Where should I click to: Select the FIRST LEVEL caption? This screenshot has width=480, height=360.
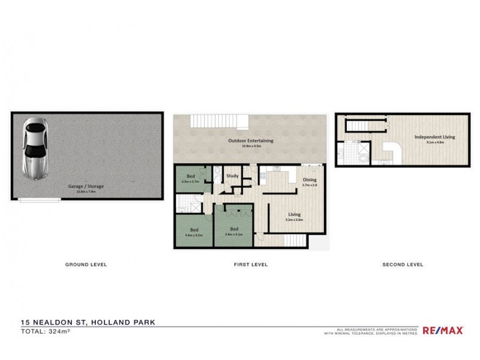coord(251,264)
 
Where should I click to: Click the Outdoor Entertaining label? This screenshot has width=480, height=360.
coord(250,140)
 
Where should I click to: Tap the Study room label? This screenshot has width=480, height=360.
coord(232,176)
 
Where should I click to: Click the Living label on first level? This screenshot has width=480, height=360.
coord(294,214)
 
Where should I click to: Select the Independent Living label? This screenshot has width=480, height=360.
coord(434,137)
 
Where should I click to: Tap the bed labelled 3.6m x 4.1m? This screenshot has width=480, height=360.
coord(233,230)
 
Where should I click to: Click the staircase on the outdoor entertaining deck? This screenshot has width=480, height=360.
coord(218,121)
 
